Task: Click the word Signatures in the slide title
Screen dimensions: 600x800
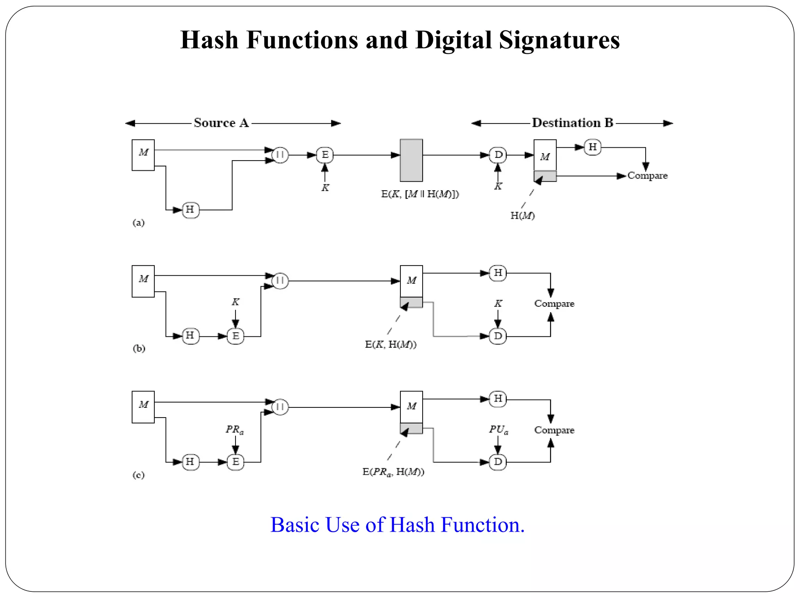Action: coord(559,40)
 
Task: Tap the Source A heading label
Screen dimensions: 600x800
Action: coord(221,123)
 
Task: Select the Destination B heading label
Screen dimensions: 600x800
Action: coord(572,123)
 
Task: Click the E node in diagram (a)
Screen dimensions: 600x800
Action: coord(325,155)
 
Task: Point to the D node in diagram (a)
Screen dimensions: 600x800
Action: coord(498,155)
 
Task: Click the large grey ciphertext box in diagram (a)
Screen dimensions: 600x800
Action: coord(411,160)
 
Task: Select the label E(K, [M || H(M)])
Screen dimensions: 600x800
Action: coord(420,194)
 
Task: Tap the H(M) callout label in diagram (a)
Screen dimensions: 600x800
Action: coord(522,215)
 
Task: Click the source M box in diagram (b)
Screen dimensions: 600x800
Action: coord(143,281)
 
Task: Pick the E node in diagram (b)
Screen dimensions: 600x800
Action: coord(236,336)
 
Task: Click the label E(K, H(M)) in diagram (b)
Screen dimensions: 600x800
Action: coord(391,344)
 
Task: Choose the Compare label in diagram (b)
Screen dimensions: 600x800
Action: coord(554,304)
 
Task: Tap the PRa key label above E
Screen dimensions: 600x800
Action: coord(235,430)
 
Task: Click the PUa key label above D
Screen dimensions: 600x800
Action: coord(498,430)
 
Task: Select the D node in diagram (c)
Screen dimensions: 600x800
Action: coord(498,462)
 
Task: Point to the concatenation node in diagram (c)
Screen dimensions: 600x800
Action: coord(280,407)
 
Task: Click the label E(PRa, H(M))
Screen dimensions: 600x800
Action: coord(393,472)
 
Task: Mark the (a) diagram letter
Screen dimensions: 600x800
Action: coord(138,223)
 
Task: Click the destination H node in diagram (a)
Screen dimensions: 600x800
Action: coord(592,147)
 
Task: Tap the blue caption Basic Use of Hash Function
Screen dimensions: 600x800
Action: coord(397,525)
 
